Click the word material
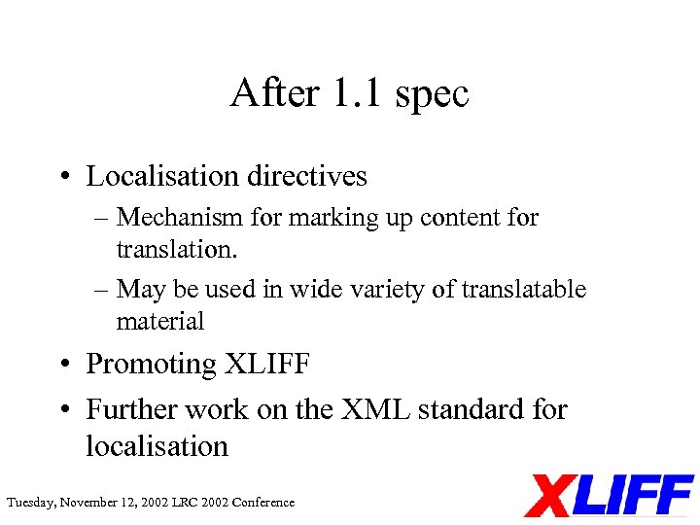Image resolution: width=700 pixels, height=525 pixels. (159, 321)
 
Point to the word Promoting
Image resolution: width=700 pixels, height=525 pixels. (151, 365)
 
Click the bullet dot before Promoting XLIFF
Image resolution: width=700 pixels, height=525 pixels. (61, 366)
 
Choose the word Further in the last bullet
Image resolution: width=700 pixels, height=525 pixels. (131, 409)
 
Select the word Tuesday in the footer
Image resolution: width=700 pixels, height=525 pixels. (30, 503)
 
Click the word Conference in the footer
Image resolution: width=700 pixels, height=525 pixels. (261, 503)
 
